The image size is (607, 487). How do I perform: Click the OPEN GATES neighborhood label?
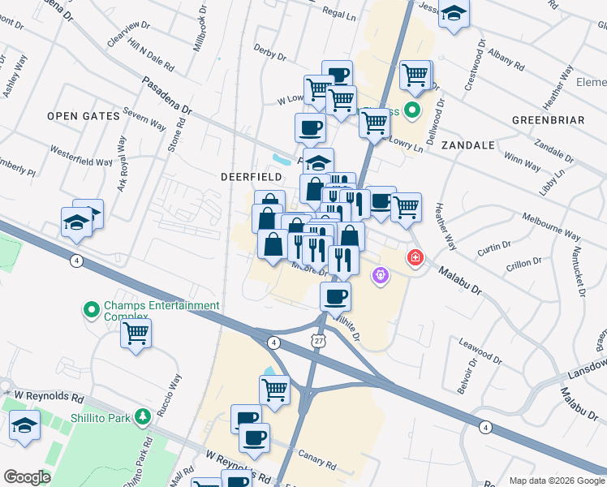pos(83,116)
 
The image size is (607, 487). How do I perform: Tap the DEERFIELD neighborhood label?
pos(251,176)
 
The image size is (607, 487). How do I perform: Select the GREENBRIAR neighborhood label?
pos(549,120)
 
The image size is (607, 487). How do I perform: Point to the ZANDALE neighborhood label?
pos(467,145)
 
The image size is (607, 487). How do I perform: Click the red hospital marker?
pos(415,257)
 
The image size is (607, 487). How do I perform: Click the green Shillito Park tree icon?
pos(143,416)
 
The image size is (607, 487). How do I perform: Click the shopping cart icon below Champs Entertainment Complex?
pos(136,333)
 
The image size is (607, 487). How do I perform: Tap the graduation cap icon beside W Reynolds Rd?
pos(25,425)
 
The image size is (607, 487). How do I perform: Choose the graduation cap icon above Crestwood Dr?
pos(454,14)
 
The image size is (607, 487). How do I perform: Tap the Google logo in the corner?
pos(27,477)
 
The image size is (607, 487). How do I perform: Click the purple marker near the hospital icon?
pos(379,277)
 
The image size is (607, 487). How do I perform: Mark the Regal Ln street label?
pos(339,14)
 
